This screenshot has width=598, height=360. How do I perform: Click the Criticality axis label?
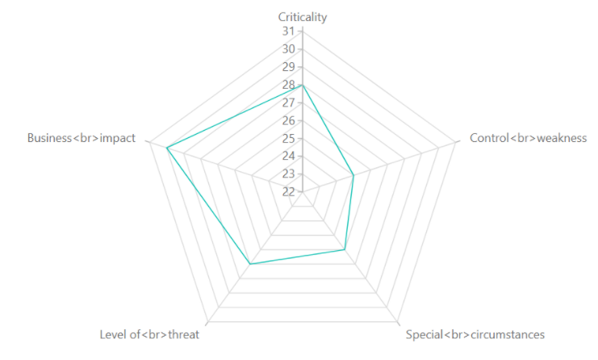coord(303,17)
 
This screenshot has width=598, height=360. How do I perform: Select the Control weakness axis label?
coord(528,138)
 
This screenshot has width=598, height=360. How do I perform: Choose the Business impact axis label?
coord(81,138)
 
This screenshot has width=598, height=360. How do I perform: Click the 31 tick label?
coord(288,31)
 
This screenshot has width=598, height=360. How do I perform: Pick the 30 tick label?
coord(288,49)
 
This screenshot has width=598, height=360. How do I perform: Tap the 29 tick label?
coord(288,67)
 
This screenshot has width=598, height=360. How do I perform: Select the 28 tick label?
coord(288,85)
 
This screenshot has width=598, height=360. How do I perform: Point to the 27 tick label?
coord(288,103)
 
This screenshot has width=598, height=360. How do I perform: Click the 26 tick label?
coord(288,120)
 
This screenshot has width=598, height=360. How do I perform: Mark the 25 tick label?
coord(288,138)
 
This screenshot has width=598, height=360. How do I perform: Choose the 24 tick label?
coord(288,156)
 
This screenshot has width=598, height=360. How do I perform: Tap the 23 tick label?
coord(288,174)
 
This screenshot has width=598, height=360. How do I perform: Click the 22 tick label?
coord(288,191)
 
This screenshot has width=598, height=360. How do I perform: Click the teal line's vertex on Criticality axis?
coord(303,85)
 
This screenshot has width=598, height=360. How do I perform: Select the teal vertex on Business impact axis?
coord(167,148)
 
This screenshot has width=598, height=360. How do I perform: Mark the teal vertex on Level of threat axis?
coord(250,264)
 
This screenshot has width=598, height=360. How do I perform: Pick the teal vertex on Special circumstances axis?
coord(345,249)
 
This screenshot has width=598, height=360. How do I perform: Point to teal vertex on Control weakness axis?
coord(353,175)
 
